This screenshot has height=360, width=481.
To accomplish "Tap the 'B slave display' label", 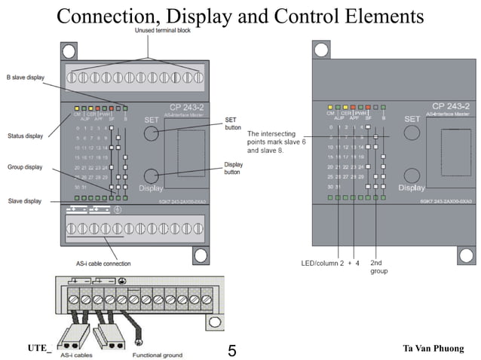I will (25, 77).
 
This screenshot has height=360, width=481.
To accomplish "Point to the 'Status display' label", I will (24, 136).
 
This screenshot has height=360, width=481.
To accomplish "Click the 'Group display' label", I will (24, 166).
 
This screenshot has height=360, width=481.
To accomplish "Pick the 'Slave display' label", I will (24, 201).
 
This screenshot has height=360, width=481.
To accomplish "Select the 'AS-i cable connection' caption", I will (103, 264).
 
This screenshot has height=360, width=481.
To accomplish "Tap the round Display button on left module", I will (152, 175).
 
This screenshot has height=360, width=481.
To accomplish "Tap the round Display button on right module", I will (412, 175).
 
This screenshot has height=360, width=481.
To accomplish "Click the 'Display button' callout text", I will (234, 168).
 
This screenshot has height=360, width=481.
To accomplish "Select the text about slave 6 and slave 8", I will (279, 142).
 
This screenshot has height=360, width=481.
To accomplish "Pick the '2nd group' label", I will (378, 267).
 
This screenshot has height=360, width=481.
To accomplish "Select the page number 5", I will (231, 350).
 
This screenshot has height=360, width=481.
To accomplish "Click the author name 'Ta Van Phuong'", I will (434, 347).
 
